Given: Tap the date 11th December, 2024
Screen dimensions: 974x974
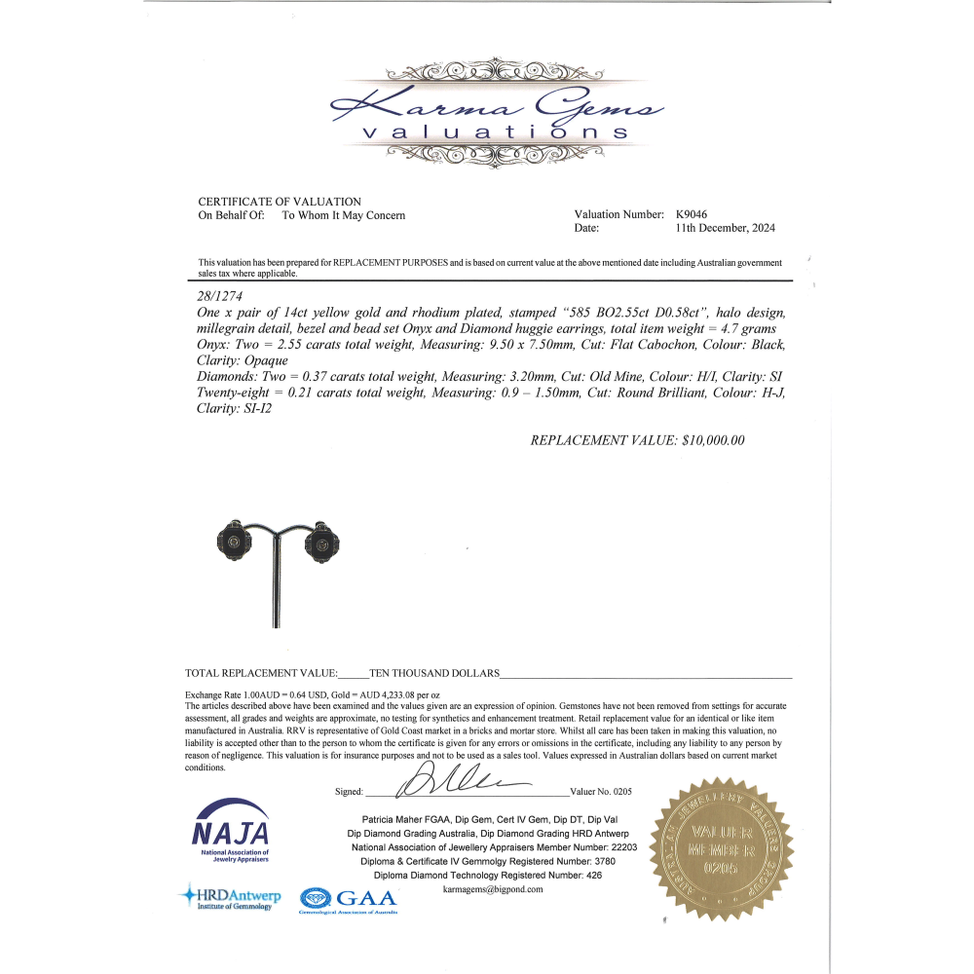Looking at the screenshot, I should click(725, 229).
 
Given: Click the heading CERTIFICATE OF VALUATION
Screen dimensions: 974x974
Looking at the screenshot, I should click(280, 202).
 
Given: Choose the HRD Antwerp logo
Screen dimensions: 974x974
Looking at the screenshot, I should click(229, 897).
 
